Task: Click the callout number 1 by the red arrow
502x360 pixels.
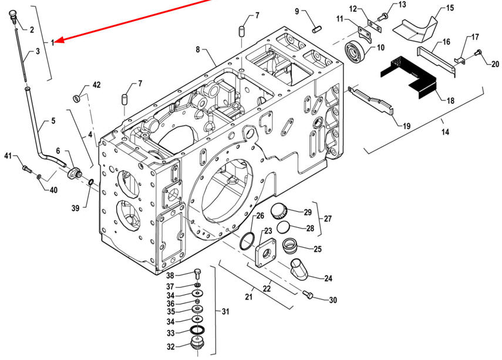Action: pyautogui.click(x=52, y=42)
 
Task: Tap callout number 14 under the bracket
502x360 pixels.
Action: pyautogui.click(x=445, y=132)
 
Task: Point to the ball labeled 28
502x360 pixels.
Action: pyautogui.click(x=283, y=227)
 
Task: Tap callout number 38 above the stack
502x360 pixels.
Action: pyautogui.click(x=171, y=275)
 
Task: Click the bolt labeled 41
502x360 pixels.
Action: pyautogui.click(x=25, y=169)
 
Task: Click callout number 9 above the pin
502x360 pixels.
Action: pyautogui.click(x=297, y=11)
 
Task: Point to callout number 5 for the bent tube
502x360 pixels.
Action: pyautogui.click(x=53, y=121)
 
